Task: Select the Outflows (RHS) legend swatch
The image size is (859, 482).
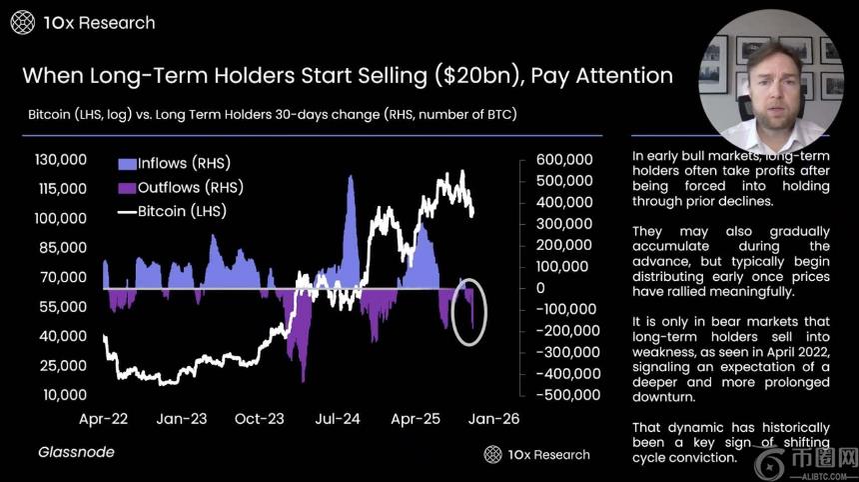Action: [x=126, y=187]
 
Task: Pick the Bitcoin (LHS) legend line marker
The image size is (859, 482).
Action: [x=126, y=211]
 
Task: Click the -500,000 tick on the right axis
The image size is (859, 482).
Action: [x=565, y=394]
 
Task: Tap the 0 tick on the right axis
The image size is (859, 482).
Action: [x=539, y=288]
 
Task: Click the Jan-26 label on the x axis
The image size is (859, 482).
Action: [x=493, y=421]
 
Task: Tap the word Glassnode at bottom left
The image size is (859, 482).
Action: [x=77, y=453]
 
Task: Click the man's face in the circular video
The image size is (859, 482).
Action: [x=771, y=80]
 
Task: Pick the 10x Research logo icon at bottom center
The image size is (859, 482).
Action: [x=492, y=454]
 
